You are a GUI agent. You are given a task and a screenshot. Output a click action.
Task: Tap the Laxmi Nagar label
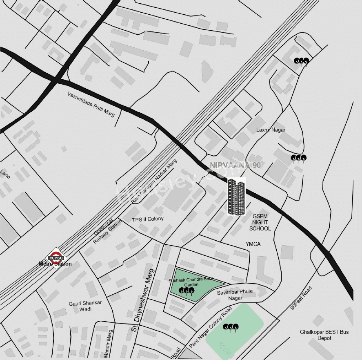pyautogui.click(x=271, y=130)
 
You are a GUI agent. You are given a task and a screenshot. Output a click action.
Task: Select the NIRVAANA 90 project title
pyautogui.click(x=235, y=165)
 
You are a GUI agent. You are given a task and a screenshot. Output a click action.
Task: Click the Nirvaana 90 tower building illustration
pyautogui.click(x=236, y=197)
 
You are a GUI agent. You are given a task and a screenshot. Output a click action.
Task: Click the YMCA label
pyautogui.click(x=253, y=244)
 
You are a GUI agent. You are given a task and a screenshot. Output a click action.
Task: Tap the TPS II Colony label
pyautogui.click(x=148, y=219)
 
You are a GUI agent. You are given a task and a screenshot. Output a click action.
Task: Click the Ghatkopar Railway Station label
pyautogui.click(x=107, y=230)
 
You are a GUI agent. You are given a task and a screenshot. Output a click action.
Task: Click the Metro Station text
pyautogui.click(x=55, y=264)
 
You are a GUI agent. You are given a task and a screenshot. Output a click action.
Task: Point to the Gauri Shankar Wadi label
pyautogui.click(x=85, y=306)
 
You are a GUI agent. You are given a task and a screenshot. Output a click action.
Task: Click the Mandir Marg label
pyautogui.click(x=108, y=342)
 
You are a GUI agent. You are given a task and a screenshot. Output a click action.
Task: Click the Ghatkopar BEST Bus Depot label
pyautogui.click(x=324, y=335)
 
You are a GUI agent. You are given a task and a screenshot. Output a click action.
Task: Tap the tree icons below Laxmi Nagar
pyautogui.click(x=298, y=158)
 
